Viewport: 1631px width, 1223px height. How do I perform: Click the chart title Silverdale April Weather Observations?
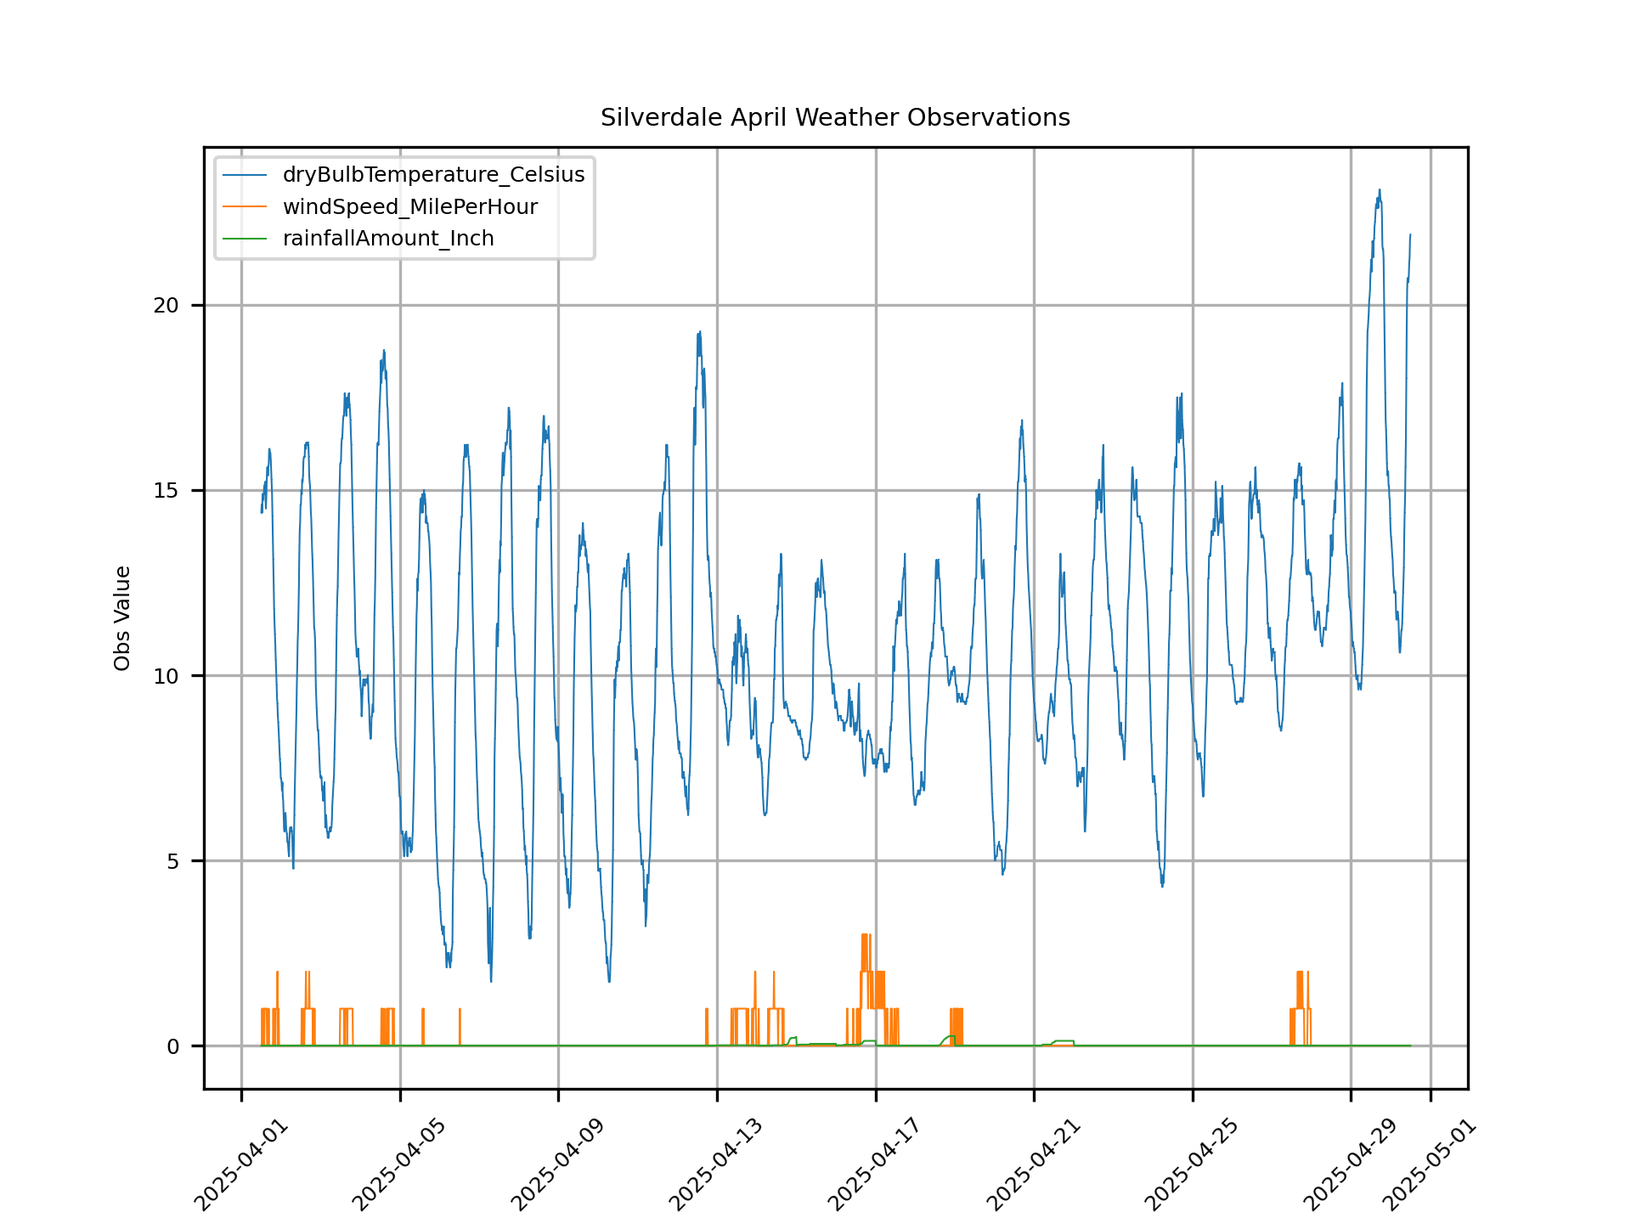tap(835, 117)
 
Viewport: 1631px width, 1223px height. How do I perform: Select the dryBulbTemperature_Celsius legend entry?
tap(433, 175)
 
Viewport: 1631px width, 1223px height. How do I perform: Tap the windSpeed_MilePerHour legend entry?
tap(409, 207)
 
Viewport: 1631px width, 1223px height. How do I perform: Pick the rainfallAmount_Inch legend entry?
tap(388, 239)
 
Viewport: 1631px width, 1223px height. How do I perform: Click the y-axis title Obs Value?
tap(122, 618)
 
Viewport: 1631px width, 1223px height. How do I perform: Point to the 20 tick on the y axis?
tap(166, 306)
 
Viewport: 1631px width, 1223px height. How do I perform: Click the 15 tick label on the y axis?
tap(166, 491)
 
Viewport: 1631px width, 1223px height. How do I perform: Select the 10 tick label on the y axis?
tap(166, 676)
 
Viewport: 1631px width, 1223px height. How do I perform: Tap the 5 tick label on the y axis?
tap(172, 861)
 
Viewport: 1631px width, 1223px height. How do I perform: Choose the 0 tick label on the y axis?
tap(172, 1046)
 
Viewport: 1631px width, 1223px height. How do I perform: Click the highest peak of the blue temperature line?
tap(1380, 190)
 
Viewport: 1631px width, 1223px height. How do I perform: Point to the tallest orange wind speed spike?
tap(865, 935)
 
